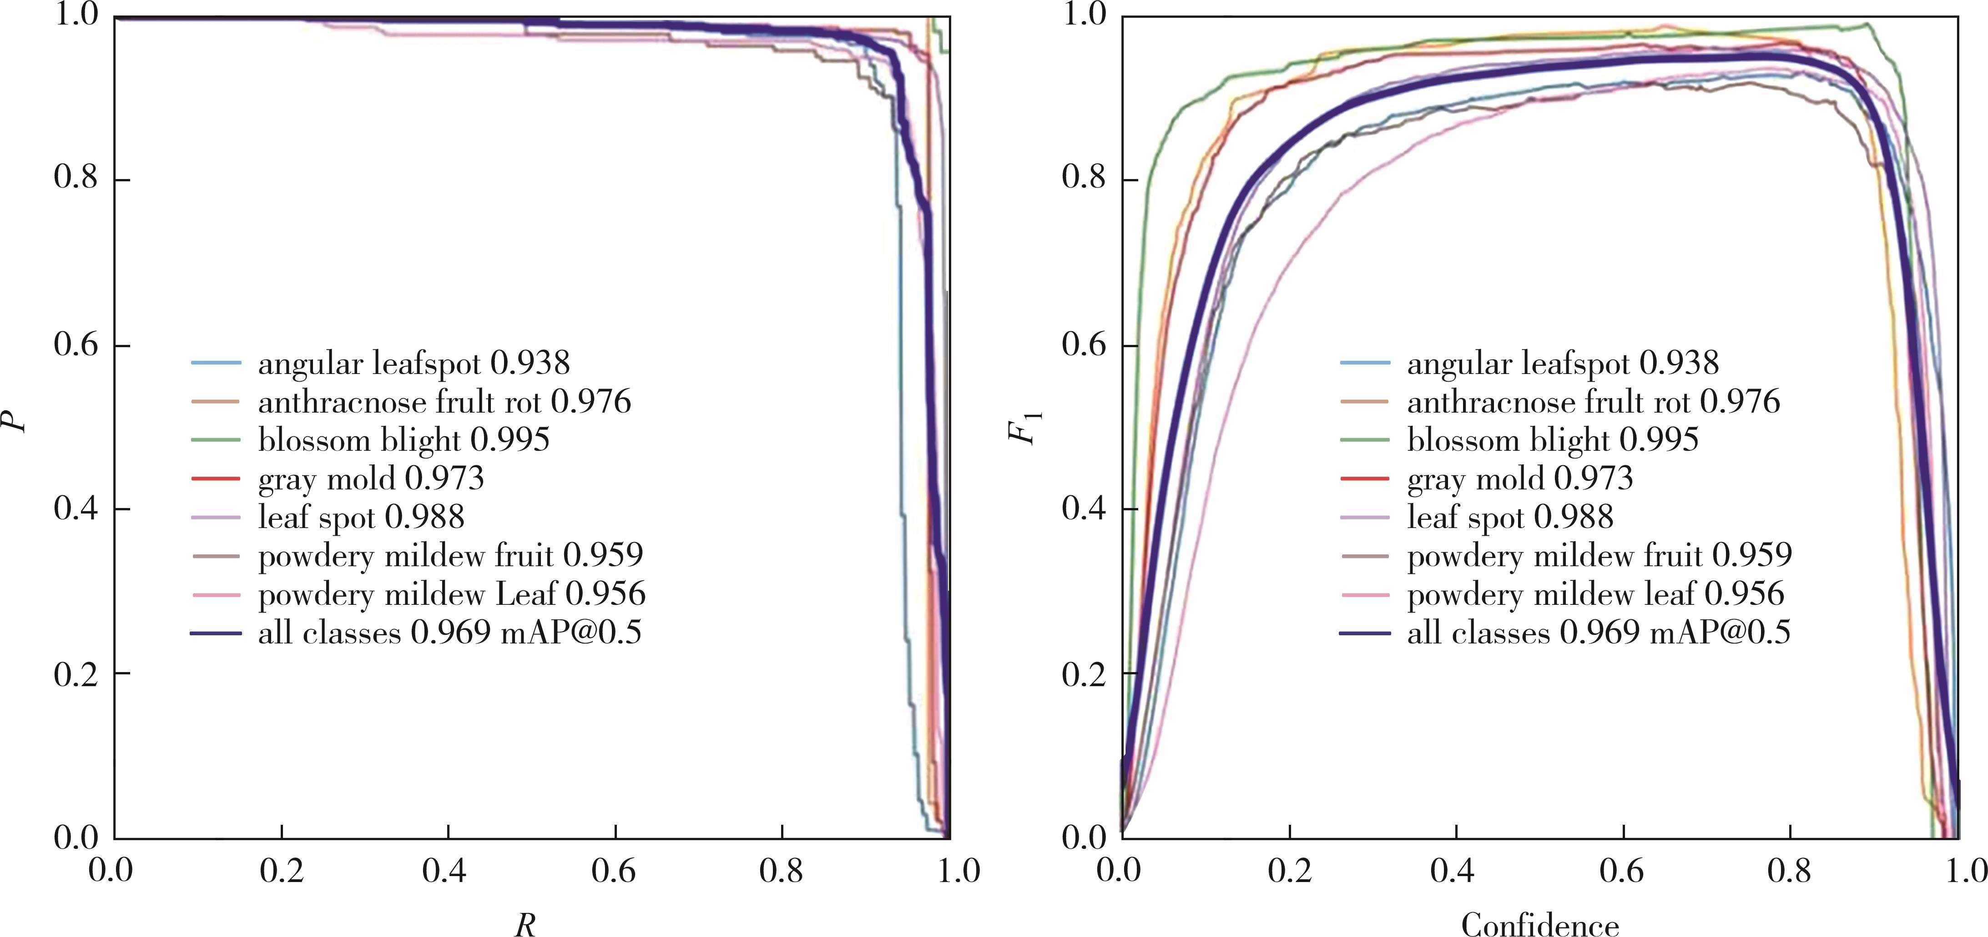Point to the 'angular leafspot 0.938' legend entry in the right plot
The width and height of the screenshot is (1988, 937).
tap(1563, 363)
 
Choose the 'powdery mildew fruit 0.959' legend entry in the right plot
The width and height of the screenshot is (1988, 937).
tap(1599, 555)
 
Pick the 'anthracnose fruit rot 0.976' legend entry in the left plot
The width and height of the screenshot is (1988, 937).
tap(444, 402)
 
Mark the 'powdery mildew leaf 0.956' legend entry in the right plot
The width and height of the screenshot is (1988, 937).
tap(1595, 594)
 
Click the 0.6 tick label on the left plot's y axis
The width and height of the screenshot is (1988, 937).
tap(76, 345)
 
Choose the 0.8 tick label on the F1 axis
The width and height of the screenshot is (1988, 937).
tap(1084, 179)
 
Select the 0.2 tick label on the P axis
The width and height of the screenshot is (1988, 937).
tap(76, 673)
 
